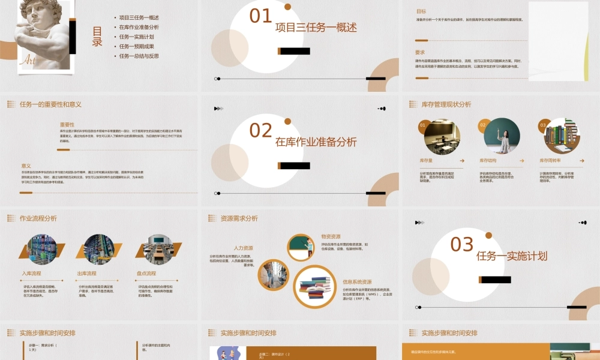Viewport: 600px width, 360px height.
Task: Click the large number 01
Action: (261, 16)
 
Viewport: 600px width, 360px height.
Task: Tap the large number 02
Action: (261, 130)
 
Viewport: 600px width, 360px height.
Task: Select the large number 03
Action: (462, 244)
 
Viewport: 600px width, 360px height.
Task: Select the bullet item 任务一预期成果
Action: (136, 46)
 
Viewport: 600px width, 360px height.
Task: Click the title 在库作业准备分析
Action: (316, 142)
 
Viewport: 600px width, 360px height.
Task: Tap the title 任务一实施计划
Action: (512, 256)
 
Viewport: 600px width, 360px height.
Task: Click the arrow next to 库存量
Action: (462, 161)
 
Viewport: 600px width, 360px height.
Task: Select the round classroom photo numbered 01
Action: (442, 136)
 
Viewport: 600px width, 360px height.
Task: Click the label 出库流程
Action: (88, 274)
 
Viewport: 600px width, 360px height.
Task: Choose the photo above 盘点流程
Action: (152, 249)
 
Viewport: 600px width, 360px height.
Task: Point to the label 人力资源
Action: (243, 248)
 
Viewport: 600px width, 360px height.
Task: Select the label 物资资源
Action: (331, 236)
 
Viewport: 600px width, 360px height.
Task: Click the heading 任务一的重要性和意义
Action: (50, 104)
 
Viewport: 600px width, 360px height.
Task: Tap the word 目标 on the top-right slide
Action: (421, 11)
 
